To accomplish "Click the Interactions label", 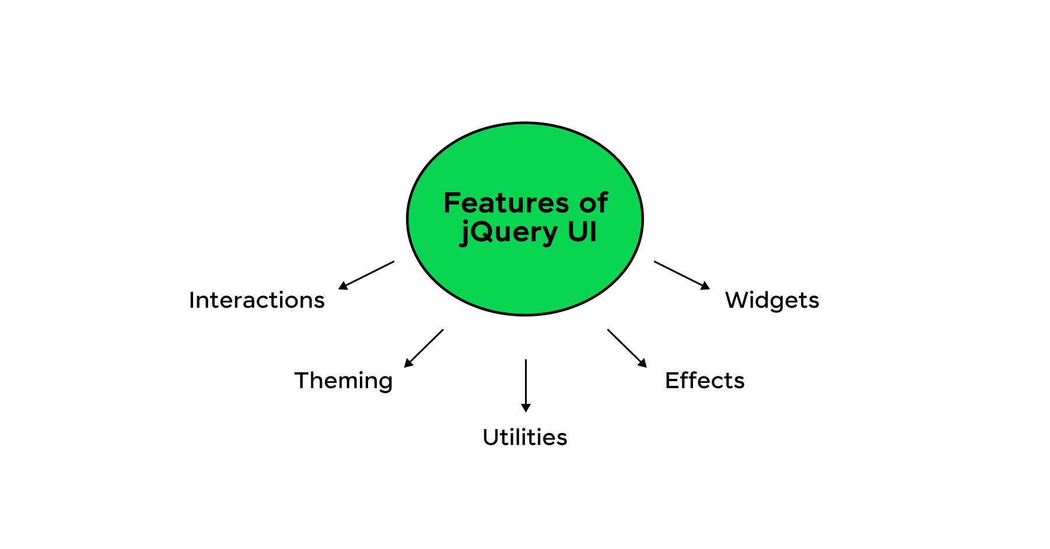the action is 257,300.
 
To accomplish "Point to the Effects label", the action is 705,381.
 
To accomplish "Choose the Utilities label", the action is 525,437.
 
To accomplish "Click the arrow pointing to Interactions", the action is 366,275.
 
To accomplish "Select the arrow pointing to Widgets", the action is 682,275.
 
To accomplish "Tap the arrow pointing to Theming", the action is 424,349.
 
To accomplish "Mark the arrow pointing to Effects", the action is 627,349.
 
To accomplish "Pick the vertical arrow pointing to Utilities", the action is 526,386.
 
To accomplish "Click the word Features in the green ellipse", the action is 506,203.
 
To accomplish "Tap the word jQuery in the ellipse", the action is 509,232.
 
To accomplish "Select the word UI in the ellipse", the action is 582,231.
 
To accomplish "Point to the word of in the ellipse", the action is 593,203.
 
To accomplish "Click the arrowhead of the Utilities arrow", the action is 526,408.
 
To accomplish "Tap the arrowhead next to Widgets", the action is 706,286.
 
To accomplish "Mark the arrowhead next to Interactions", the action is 343,286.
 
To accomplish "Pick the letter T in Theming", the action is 302,381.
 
